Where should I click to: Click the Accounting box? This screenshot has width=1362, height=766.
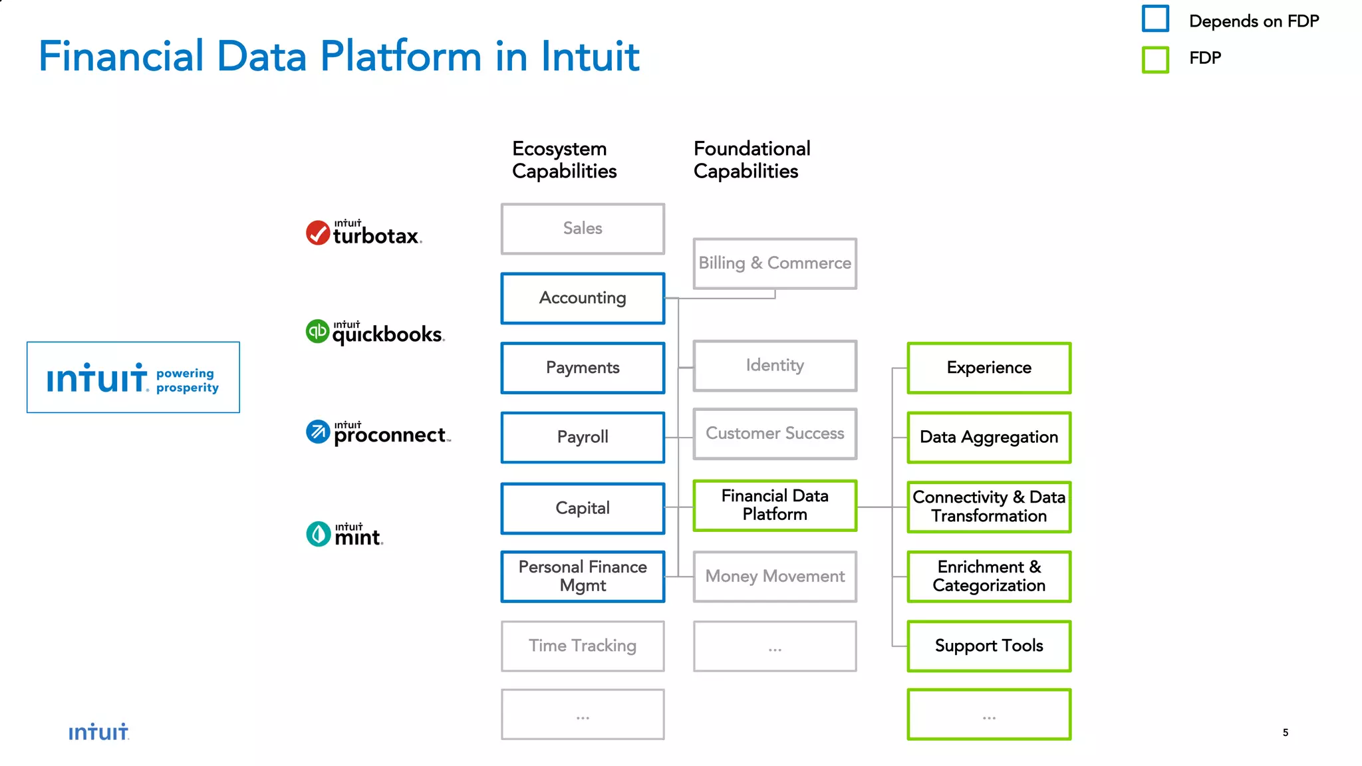pyautogui.click(x=583, y=298)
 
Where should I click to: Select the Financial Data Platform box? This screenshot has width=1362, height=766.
pyautogui.click(x=775, y=505)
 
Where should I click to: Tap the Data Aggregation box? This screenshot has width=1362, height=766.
pyautogui.click(x=989, y=437)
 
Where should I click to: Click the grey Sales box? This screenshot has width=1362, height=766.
pyautogui.click(x=583, y=228)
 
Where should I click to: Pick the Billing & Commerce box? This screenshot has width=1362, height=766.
pyautogui.click(x=775, y=263)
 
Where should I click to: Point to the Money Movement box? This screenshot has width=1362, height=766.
pyautogui.click(x=775, y=576)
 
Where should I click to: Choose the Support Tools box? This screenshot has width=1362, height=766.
pyautogui.click(x=989, y=646)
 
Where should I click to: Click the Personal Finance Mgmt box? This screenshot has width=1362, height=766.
pyautogui.click(x=583, y=576)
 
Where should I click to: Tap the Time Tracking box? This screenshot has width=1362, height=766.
pyautogui.click(x=583, y=646)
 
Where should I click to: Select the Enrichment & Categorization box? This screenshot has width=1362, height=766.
pyautogui.click(x=989, y=576)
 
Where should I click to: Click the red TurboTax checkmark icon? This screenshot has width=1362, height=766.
pyautogui.click(x=318, y=233)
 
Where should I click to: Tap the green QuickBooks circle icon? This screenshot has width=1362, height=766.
pyautogui.click(x=317, y=331)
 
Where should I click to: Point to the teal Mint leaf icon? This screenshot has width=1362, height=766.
pyautogui.click(x=319, y=534)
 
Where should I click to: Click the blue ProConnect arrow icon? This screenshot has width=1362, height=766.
pyautogui.click(x=318, y=432)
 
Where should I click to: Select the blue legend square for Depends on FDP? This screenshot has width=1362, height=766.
pyautogui.click(x=1155, y=19)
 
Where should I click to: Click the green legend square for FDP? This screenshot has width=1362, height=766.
pyautogui.click(x=1155, y=59)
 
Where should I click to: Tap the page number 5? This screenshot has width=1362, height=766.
pyautogui.click(x=1285, y=732)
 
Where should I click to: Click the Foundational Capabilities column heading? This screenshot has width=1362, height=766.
pyautogui.click(x=751, y=160)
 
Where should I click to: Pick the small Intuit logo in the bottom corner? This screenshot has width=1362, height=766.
pyautogui.click(x=98, y=732)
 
